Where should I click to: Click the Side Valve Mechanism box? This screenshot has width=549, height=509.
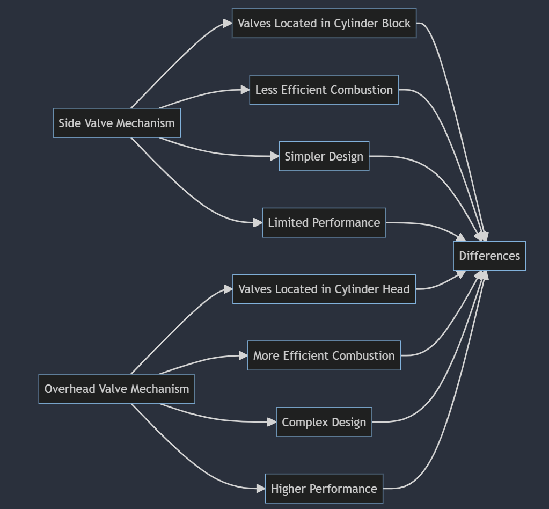(116, 123)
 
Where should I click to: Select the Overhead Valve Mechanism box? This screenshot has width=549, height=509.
(116, 389)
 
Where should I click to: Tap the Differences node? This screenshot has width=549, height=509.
(489, 256)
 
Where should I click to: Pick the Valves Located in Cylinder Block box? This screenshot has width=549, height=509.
(324, 23)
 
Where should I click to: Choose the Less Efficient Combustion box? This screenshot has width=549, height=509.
(324, 90)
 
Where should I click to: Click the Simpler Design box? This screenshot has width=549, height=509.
(324, 156)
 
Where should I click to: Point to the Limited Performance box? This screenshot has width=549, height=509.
(324, 222)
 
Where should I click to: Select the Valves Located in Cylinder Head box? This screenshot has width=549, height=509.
(324, 289)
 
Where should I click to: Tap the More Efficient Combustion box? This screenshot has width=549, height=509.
(324, 355)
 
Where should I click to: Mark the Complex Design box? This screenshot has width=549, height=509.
(324, 422)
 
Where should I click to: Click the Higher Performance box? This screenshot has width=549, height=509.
(324, 489)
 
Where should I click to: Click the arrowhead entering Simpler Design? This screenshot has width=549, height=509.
(275, 156)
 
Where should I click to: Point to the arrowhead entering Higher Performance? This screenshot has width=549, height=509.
(261, 489)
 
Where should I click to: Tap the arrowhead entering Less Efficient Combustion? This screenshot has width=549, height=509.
(245, 90)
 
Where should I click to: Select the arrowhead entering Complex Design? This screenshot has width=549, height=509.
(272, 422)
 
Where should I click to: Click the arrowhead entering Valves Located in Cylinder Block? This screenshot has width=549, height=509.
(228, 23)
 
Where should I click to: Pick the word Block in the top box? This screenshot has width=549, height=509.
(397, 23)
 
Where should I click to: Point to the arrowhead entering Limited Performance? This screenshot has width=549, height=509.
(258, 222)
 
